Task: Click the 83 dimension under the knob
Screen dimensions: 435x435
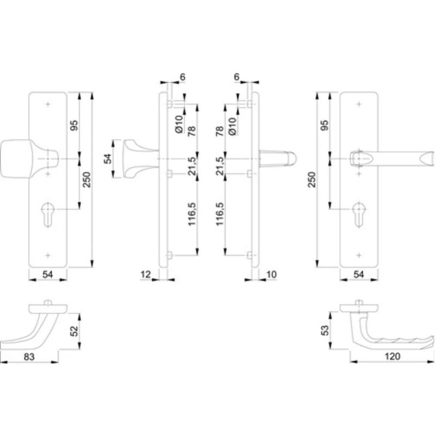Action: (29, 357)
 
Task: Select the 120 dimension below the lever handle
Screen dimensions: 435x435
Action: (392, 356)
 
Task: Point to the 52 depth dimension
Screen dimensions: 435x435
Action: (74, 331)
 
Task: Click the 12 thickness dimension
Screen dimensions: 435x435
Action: (145, 275)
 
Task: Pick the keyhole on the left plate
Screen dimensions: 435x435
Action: (48, 214)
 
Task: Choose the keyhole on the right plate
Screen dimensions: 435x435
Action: (359, 214)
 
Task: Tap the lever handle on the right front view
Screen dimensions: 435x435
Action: (391, 159)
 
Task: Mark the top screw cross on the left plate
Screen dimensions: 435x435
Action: (48, 104)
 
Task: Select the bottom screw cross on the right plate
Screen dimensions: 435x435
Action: (359, 255)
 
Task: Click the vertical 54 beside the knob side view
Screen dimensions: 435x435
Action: (108, 159)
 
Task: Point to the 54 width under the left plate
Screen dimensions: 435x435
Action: (47, 275)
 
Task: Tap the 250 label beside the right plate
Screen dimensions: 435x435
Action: (312, 180)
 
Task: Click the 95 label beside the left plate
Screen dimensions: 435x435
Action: (74, 126)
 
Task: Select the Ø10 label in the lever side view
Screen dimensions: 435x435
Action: (232, 126)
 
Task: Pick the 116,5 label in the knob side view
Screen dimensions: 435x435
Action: (192, 214)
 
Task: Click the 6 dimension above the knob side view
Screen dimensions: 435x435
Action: (183, 77)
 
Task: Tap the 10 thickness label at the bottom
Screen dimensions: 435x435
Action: (271, 275)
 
